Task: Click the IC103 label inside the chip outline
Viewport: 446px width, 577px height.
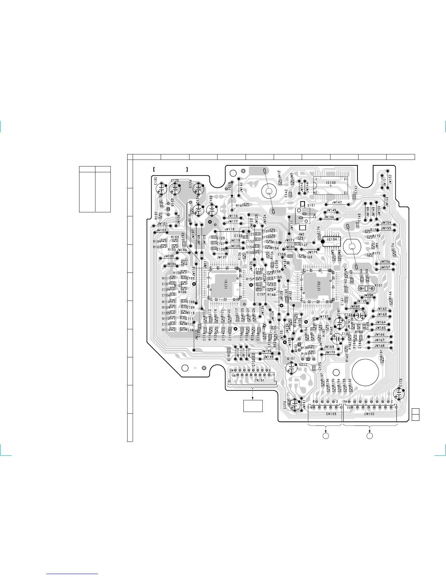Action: click(x=331, y=183)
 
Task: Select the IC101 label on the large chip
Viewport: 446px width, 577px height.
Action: click(x=226, y=284)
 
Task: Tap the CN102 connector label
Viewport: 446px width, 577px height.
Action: click(x=369, y=414)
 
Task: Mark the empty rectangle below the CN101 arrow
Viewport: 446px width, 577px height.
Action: click(x=253, y=405)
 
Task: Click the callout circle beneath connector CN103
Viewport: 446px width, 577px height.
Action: click(x=326, y=436)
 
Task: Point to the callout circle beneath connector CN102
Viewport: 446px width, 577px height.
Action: click(x=369, y=436)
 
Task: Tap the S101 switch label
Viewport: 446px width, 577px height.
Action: click(x=311, y=205)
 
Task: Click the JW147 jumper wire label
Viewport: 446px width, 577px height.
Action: click(x=337, y=202)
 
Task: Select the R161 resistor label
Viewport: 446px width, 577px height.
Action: click(x=240, y=206)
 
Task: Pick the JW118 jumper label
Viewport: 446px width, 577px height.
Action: click(x=230, y=229)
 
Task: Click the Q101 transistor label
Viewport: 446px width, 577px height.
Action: click(x=291, y=359)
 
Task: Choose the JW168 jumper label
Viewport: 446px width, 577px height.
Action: click(x=379, y=346)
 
